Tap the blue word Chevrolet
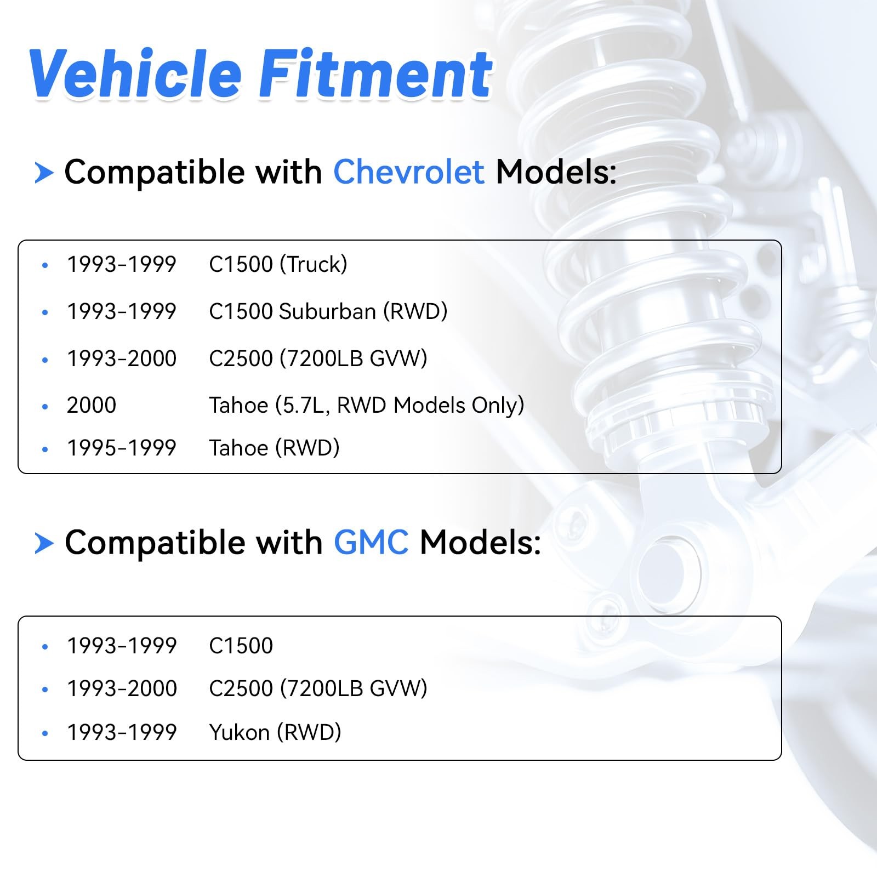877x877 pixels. pos(409,172)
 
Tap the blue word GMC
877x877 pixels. pos(371,543)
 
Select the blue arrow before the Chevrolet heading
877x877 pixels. pos(44,173)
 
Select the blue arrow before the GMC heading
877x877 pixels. pos(44,544)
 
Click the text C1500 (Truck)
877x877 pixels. pos(278,264)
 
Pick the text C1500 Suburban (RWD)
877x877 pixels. pos(328,311)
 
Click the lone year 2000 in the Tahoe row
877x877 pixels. pos(92,406)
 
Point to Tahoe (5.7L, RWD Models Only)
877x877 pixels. pos(367,406)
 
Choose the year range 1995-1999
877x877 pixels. pos(122,448)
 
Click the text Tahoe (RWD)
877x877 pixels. pos(275,448)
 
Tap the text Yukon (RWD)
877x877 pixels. pos(275,732)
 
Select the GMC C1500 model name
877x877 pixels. pos(241,646)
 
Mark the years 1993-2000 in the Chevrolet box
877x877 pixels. pos(122,358)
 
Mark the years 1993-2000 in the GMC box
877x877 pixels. pos(122,688)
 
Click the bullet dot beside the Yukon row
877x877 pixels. pos(45,733)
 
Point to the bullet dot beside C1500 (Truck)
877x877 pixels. pos(45,265)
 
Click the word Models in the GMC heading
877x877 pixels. pos(480,543)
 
